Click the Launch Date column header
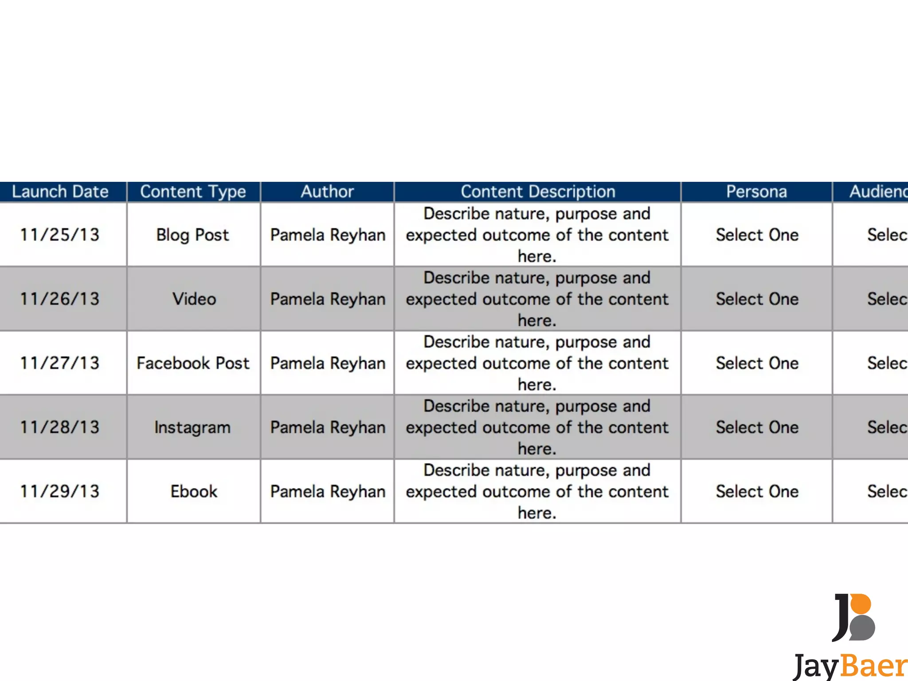coord(60,192)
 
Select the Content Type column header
coord(193,192)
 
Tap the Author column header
coord(327,192)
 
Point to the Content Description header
coord(538,192)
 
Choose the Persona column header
coord(756,192)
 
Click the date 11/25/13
coord(60,235)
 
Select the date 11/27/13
coord(60,363)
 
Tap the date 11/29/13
coord(60,491)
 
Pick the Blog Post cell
coord(193,235)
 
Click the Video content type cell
coord(194,299)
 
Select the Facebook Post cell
coord(193,363)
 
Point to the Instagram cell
coord(193,427)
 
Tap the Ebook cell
coord(194,491)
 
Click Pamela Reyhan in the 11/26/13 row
coord(328,299)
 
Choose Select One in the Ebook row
coord(757,491)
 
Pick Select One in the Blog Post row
coord(757,235)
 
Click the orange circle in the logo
coord(861,604)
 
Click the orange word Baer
coord(873,666)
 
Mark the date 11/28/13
coord(60,427)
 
